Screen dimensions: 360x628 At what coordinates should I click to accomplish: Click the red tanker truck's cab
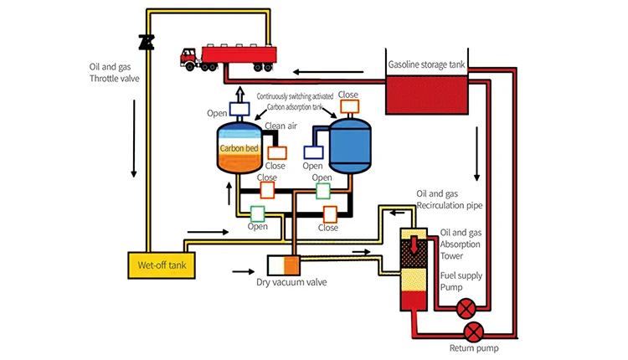[x=188, y=57]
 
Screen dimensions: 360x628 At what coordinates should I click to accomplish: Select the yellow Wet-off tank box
[x=160, y=265]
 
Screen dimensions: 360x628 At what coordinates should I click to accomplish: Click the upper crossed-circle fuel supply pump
[x=465, y=309]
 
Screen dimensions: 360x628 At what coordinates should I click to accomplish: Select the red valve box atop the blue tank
[x=348, y=107]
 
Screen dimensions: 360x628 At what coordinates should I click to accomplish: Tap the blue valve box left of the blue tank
[x=313, y=152]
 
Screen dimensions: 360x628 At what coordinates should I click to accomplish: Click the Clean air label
[x=281, y=126]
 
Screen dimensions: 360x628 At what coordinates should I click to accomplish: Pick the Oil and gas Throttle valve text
[x=117, y=72]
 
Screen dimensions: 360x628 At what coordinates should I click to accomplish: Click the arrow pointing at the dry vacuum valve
[x=244, y=270]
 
